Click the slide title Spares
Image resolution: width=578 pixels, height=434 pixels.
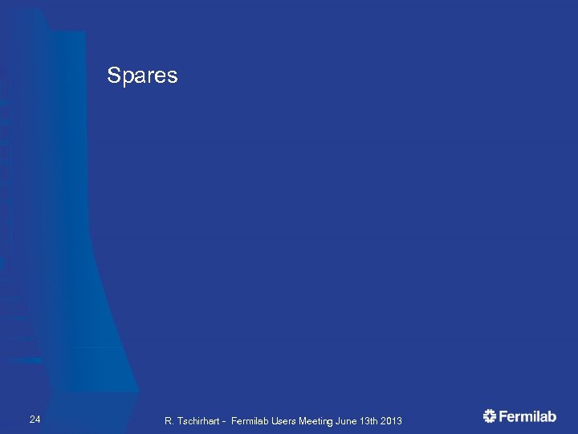(x=142, y=76)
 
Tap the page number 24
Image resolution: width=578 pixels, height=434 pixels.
(x=35, y=420)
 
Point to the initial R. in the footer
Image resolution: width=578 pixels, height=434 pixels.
(x=169, y=421)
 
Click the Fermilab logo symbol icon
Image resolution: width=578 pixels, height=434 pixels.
(x=490, y=416)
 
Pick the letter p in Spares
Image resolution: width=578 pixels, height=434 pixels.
(x=127, y=78)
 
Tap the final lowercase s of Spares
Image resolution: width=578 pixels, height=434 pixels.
(x=172, y=77)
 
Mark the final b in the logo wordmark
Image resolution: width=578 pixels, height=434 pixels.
(x=552, y=416)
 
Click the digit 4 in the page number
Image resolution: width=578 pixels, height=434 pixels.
(x=38, y=420)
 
